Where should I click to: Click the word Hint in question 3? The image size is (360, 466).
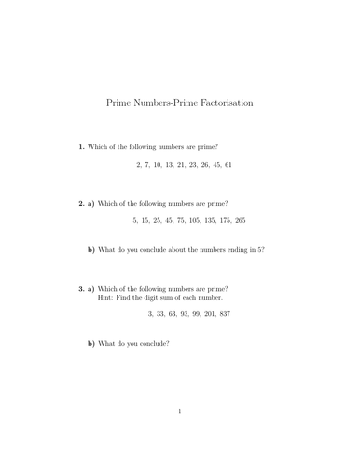(x=105, y=297)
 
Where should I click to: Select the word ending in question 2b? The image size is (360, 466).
(x=228, y=249)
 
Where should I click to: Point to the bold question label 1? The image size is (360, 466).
(x=82, y=147)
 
